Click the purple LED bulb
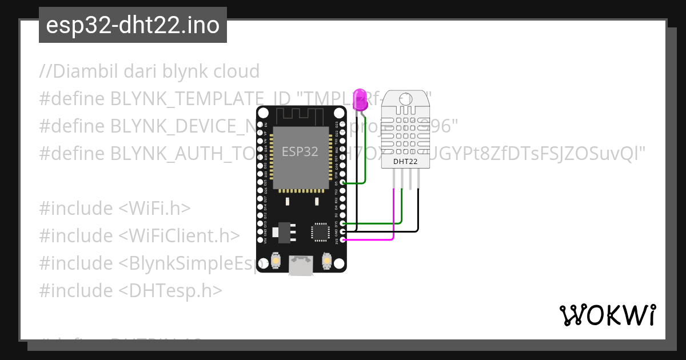coord(360,99)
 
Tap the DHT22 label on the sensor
coord(405,162)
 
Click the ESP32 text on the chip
coord(300,151)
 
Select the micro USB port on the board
coord(301,266)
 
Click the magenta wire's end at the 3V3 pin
coord(342,240)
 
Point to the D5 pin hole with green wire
coord(342,183)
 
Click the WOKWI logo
coord(607,315)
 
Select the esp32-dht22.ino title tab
coord(133,25)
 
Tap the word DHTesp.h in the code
coord(170,290)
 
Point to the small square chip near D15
coord(320,231)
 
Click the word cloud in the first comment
coord(236,71)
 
